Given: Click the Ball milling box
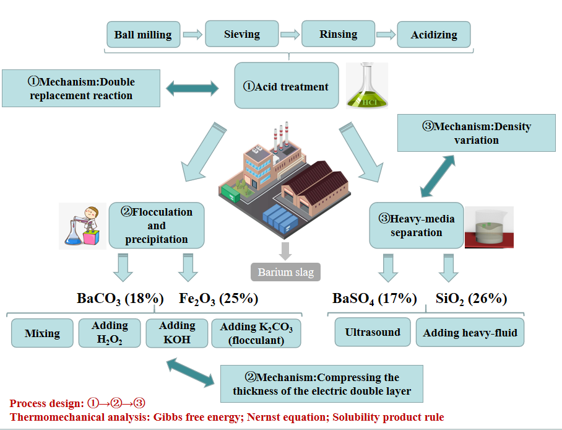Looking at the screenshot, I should [143, 35].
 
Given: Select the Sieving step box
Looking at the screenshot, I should [241, 34].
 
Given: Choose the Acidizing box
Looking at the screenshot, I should [433, 35].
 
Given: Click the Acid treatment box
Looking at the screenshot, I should [286, 86].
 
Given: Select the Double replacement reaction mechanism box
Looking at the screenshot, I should [81, 88].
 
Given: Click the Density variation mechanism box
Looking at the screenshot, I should [477, 133].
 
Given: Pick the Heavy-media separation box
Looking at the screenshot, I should [416, 226].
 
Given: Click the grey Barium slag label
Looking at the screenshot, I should [285, 272].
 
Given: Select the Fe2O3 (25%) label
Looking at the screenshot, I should [218, 299].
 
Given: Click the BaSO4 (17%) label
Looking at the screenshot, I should [374, 299].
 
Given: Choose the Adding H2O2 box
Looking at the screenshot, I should [110, 333].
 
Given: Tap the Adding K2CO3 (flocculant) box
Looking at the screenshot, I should [256, 333].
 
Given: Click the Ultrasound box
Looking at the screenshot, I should [372, 332].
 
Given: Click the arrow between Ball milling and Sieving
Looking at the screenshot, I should [192, 35].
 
